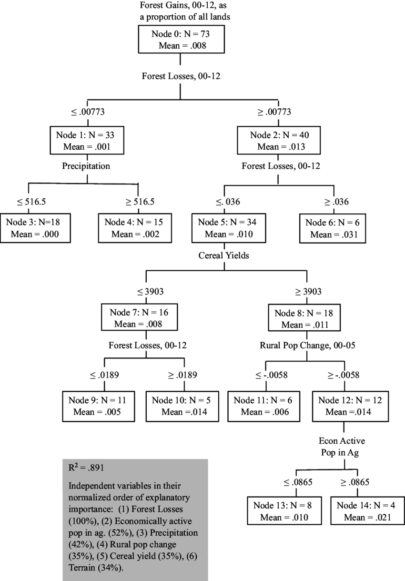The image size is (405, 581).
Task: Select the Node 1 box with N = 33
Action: [86, 141]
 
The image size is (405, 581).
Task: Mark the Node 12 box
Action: [347, 406]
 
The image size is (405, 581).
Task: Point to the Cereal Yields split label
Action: [223, 255]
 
